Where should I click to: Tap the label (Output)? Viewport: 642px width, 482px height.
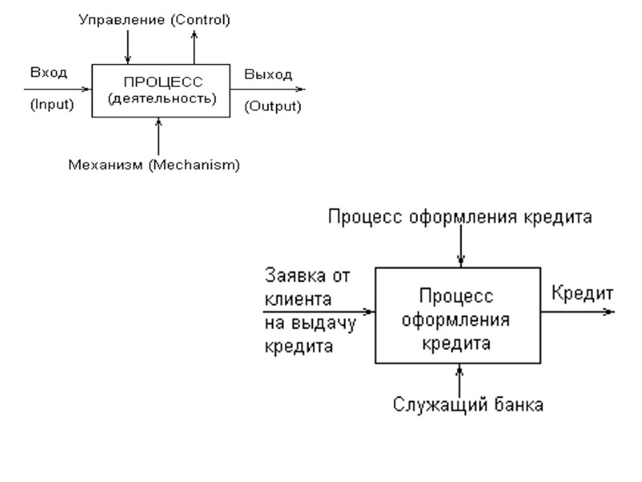(x=272, y=106)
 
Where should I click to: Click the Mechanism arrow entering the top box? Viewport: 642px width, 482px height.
(x=160, y=136)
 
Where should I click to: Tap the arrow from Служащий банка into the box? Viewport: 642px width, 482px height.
(x=461, y=378)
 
